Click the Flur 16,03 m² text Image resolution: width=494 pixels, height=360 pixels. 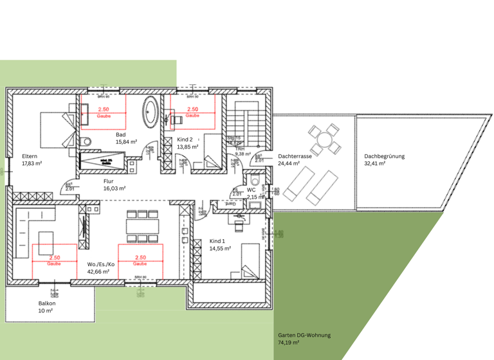[114, 185]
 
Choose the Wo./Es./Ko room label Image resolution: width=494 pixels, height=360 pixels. [100, 267]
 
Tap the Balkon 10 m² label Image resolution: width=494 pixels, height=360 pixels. [46, 307]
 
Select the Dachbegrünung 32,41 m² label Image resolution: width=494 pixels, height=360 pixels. [384, 159]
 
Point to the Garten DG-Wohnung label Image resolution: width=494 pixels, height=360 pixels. [304, 339]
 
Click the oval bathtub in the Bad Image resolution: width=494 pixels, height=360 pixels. [151, 111]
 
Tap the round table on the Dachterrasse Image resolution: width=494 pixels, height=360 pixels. [322, 139]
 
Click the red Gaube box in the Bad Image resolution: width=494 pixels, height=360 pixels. [103, 112]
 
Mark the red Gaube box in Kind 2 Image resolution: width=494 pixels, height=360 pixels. [192, 112]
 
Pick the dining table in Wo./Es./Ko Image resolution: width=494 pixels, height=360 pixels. [141, 226]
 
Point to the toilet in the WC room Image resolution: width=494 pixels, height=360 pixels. [255, 181]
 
